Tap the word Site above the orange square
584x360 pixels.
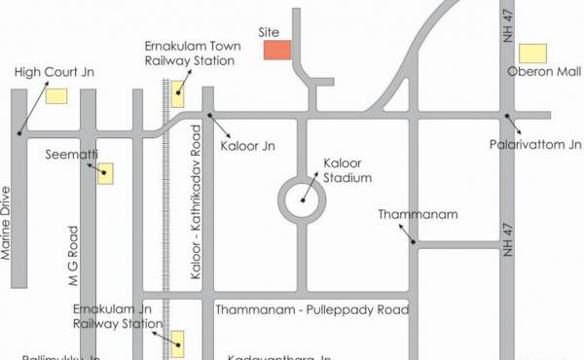tap(269, 31)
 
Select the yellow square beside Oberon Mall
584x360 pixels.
tap(531, 53)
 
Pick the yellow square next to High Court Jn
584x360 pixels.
tap(56, 95)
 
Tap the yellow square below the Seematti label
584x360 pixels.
tap(104, 174)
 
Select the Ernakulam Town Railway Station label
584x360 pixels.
tap(190, 53)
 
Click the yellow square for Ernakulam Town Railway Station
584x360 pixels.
tap(178, 94)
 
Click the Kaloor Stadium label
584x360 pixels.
tap(347, 171)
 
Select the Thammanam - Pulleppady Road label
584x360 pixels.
tap(310, 308)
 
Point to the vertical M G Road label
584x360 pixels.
tap(72, 256)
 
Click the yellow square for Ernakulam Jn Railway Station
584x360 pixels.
tap(178, 340)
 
